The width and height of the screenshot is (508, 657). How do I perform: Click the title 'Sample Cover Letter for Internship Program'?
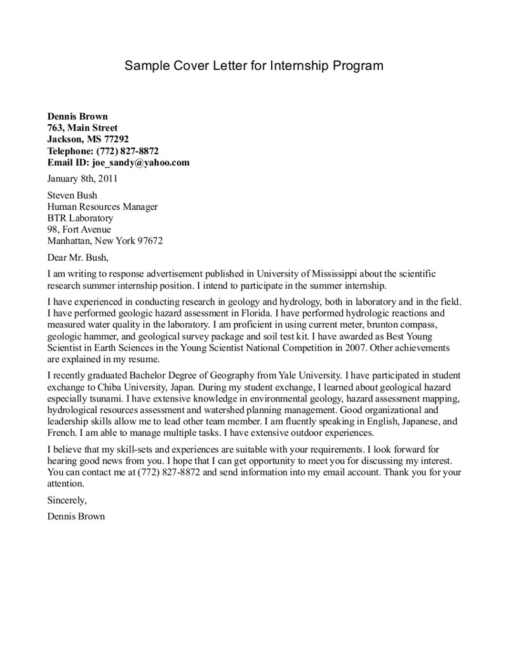253,65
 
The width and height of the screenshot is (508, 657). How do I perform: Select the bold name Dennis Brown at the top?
77,116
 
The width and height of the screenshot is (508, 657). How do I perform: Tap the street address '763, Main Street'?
83,128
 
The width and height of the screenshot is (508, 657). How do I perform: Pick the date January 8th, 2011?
83,179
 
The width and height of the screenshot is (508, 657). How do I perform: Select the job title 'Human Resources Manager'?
102,207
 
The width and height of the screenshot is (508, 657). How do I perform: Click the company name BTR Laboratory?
80,218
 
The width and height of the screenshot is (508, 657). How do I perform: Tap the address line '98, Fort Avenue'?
79,229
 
